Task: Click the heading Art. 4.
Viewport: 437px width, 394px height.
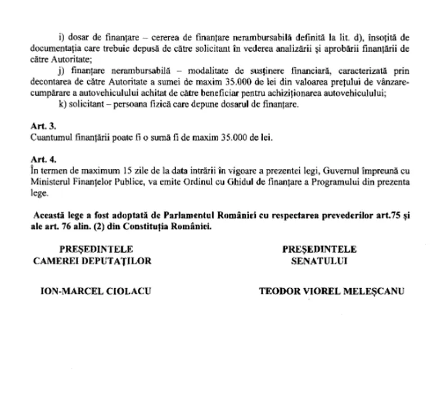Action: pyautogui.click(x=41, y=160)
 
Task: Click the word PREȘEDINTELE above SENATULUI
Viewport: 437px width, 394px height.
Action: pyautogui.click(x=319, y=249)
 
